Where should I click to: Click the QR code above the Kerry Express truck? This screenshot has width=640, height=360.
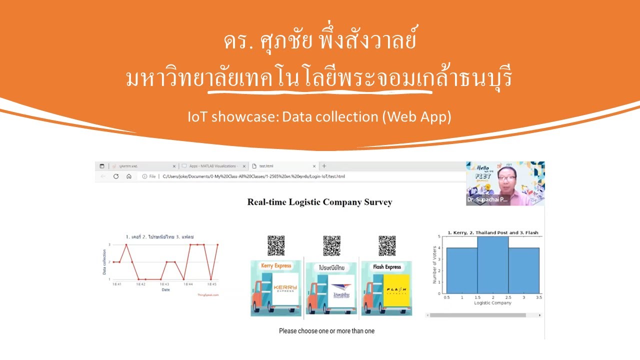[x=276, y=245]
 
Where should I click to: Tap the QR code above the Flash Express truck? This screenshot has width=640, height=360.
[x=387, y=245]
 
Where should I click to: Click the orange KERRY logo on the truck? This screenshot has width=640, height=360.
[x=285, y=288]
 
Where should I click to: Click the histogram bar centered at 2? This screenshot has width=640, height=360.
[x=493, y=265]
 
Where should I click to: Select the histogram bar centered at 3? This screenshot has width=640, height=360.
[x=524, y=270]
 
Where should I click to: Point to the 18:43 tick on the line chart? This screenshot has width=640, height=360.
[x=164, y=284]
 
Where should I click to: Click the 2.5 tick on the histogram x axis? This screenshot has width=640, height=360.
[x=508, y=297]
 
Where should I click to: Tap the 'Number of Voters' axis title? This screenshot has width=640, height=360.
[x=434, y=265]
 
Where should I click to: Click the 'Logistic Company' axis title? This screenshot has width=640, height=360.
[x=492, y=303]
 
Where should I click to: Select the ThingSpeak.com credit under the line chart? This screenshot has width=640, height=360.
[x=208, y=295]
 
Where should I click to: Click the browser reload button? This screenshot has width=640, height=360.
[x=116, y=176]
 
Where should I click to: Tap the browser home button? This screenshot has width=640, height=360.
[x=129, y=176]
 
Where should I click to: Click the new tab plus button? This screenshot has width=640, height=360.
[x=324, y=166]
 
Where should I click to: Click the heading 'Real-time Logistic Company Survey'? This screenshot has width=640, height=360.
[x=319, y=202]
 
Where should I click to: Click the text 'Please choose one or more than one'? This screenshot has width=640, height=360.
[x=326, y=331]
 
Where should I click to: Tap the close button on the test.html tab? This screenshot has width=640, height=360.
[x=314, y=166]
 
